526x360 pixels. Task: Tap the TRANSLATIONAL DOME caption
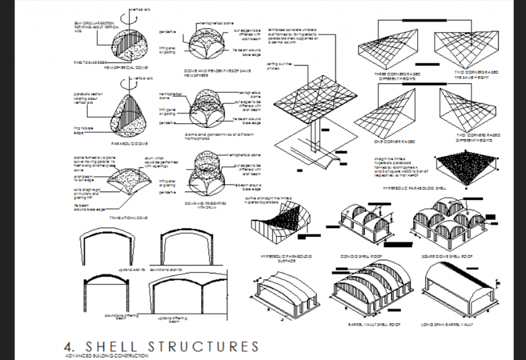tap(126, 217)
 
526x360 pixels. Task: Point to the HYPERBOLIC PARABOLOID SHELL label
tap(415, 188)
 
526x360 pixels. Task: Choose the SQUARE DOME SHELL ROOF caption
tap(449, 256)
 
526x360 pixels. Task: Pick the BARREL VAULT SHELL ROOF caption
tap(375, 324)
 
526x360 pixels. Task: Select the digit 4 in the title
tap(68, 347)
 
